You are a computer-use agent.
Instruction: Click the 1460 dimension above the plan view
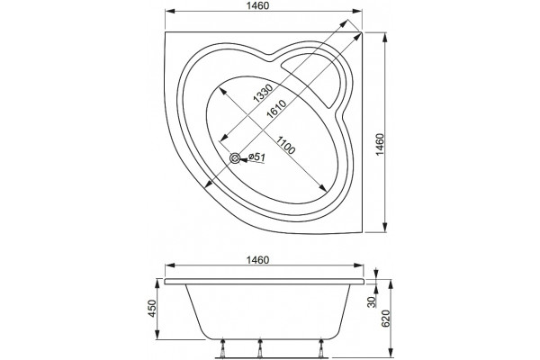tap(258, 6)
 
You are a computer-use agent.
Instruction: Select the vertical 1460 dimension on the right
tap(380, 145)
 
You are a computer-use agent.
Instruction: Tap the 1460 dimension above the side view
tap(258, 260)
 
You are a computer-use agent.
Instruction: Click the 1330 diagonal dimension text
tap(263, 94)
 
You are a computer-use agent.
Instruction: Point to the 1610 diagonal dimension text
tap(276, 110)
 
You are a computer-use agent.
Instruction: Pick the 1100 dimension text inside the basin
tap(285, 145)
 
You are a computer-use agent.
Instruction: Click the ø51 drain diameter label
tap(256, 157)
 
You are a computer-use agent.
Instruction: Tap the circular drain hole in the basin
tap(235, 158)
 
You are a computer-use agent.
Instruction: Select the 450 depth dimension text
tap(152, 309)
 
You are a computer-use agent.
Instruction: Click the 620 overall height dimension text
tap(386, 319)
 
